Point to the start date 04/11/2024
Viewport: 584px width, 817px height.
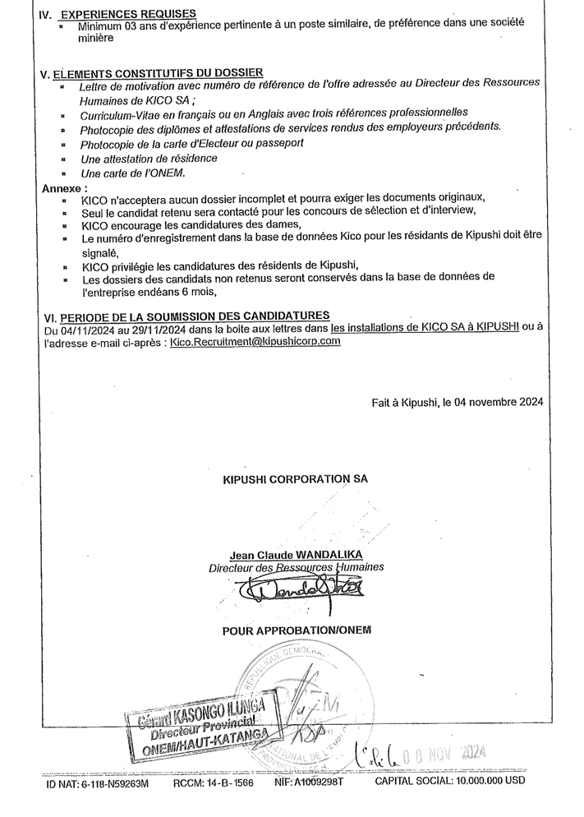89,328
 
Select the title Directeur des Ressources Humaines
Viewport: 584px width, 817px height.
296,567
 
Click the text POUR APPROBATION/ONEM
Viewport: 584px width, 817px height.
297,630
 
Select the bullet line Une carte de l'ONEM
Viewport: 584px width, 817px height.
133,173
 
